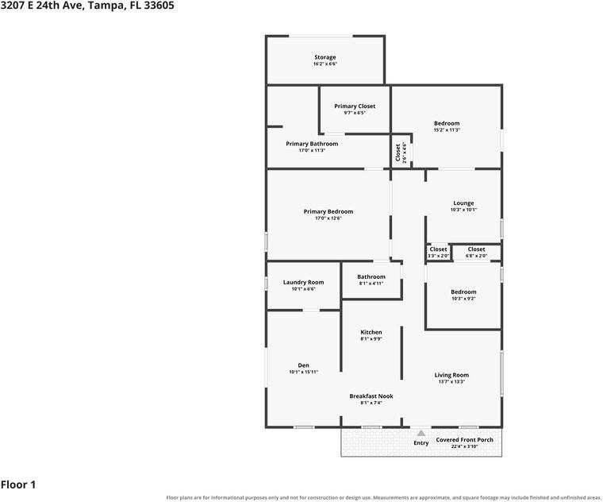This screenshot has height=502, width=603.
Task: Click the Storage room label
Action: point(325,57)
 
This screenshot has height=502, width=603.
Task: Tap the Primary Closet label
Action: point(355,106)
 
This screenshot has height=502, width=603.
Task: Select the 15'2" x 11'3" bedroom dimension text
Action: point(447,130)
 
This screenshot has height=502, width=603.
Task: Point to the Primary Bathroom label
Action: point(312,144)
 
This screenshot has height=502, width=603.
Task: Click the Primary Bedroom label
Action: point(328,212)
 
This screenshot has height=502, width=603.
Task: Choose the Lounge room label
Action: point(463,203)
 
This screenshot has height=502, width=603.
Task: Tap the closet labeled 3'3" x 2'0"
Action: point(438,249)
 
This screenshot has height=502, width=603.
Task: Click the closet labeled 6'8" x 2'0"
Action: point(476,249)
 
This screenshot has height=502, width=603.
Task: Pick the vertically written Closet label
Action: point(398,153)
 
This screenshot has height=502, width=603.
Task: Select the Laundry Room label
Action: point(303,283)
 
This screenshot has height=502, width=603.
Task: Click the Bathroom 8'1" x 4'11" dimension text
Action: point(371,284)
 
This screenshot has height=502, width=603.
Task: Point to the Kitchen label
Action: point(371,332)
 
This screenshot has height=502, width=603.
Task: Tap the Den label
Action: point(303,365)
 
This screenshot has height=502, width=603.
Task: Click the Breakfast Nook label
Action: point(371,396)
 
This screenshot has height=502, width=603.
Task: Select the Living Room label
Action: point(451,375)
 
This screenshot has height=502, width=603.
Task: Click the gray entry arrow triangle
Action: point(421,434)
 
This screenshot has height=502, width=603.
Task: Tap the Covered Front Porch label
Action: point(465,440)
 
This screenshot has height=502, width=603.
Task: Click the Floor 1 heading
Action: point(18,485)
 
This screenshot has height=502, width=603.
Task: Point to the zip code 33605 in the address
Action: point(159,6)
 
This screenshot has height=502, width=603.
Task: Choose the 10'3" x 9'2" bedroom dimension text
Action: point(463,299)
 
